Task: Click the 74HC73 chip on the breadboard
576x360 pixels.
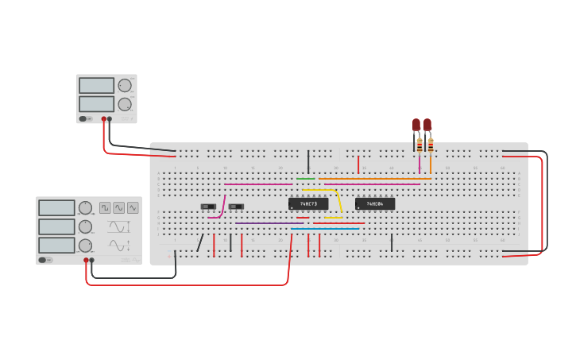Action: point(308,204)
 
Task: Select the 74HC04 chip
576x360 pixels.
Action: point(375,204)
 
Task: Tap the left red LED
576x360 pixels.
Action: point(416,125)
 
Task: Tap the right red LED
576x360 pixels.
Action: point(427,125)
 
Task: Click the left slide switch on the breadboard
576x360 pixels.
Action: point(208,207)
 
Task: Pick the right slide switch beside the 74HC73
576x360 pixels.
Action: point(236,207)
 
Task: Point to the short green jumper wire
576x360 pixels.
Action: point(306,179)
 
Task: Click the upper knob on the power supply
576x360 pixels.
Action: point(125,86)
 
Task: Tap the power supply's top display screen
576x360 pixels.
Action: point(96,85)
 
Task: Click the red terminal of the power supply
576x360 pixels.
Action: point(103,119)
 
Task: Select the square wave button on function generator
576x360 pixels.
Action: point(105,207)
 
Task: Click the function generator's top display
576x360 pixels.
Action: point(56,208)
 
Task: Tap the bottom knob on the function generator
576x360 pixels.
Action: point(85,246)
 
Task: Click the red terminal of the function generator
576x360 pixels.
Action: point(86,260)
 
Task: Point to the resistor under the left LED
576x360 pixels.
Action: point(419,145)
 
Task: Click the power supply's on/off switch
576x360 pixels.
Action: point(83,119)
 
